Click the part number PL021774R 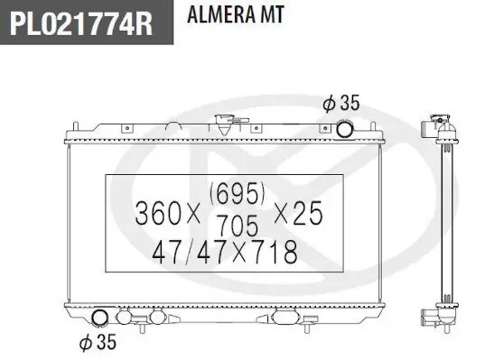pyautogui.click(x=81, y=23)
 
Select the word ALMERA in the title pyautogui.click(x=220, y=14)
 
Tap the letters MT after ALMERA pyautogui.click(x=272, y=14)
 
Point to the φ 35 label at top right pyautogui.click(x=340, y=103)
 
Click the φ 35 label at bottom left pyautogui.click(x=98, y=342)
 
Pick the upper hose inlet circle pyautogui.click(x=344, y=129)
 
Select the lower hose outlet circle pyautogui.click(x=99, y=318)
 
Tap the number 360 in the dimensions pyautogui.click(x=158, y=214)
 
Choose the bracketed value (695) pyautogui.click(x=238, y=193)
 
